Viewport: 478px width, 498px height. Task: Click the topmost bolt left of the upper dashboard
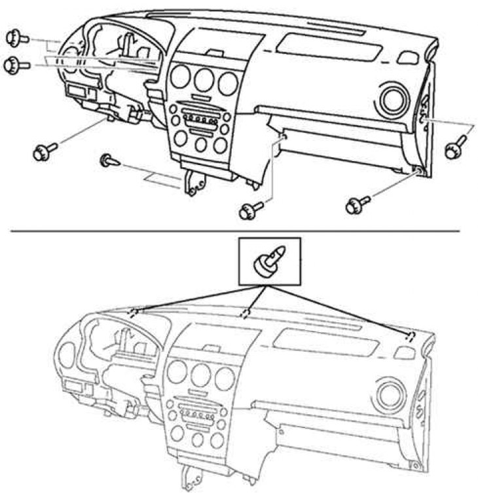click(x=16, y=39)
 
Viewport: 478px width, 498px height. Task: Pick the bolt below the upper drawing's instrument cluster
click(x=45, y=151)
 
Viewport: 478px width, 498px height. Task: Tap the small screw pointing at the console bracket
click(x=109, y=160)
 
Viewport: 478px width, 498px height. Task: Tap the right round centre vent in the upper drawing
click(x=228, y=83)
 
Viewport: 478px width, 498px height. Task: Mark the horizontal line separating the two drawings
click(x=239, y=231)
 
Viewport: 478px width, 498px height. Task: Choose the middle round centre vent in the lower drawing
click(x=200, y=373)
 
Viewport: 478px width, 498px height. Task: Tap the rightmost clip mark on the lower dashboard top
click(x=410, y=337)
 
